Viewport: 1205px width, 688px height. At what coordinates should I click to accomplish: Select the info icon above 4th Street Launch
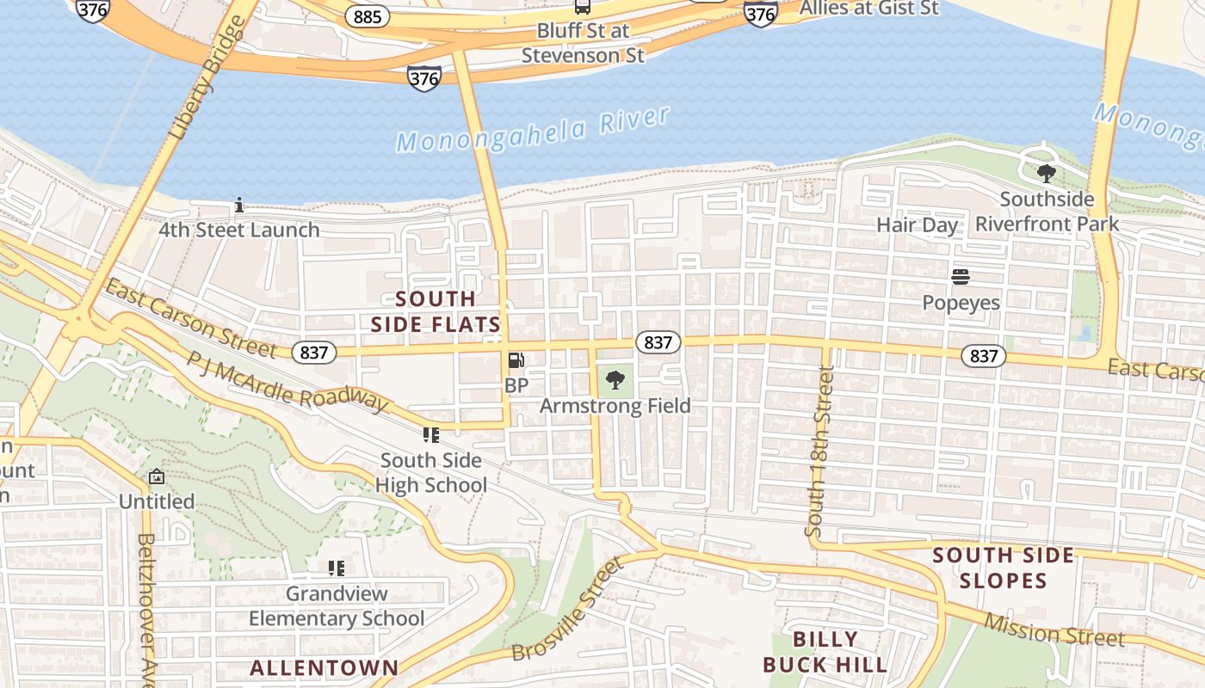tap(239, 206)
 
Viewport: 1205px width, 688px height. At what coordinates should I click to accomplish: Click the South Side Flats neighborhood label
tap(436, 311)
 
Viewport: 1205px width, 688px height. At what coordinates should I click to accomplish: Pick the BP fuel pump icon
tap(516, 361)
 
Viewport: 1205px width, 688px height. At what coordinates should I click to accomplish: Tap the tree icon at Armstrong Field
tap(615, 379)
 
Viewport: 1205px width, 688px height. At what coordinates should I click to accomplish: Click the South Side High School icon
tap(431, 435)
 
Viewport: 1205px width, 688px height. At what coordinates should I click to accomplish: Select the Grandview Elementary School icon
tap(337, 568)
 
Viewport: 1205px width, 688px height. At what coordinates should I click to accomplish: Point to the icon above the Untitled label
tap(157, 476)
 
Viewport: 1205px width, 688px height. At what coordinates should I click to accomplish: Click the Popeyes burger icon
tap(961, 277)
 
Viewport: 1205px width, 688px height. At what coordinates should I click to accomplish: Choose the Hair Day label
tap(917, 225)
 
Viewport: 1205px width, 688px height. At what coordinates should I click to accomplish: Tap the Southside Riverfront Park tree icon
tap(1047, 175)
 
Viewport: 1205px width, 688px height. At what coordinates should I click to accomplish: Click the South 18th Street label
tap(819, 451)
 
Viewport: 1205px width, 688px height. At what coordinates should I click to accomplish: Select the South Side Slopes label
tap(1004, 568)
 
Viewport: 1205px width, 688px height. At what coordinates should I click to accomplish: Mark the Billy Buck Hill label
tap(825, 652)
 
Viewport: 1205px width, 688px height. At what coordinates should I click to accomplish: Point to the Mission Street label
tap(1054, 630)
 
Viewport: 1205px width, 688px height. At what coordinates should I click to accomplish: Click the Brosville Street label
tap(567, 610)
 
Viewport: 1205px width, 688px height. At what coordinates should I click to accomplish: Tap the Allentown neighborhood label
tap(324, 667)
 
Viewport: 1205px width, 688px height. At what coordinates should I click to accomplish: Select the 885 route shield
tap(368, 16)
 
